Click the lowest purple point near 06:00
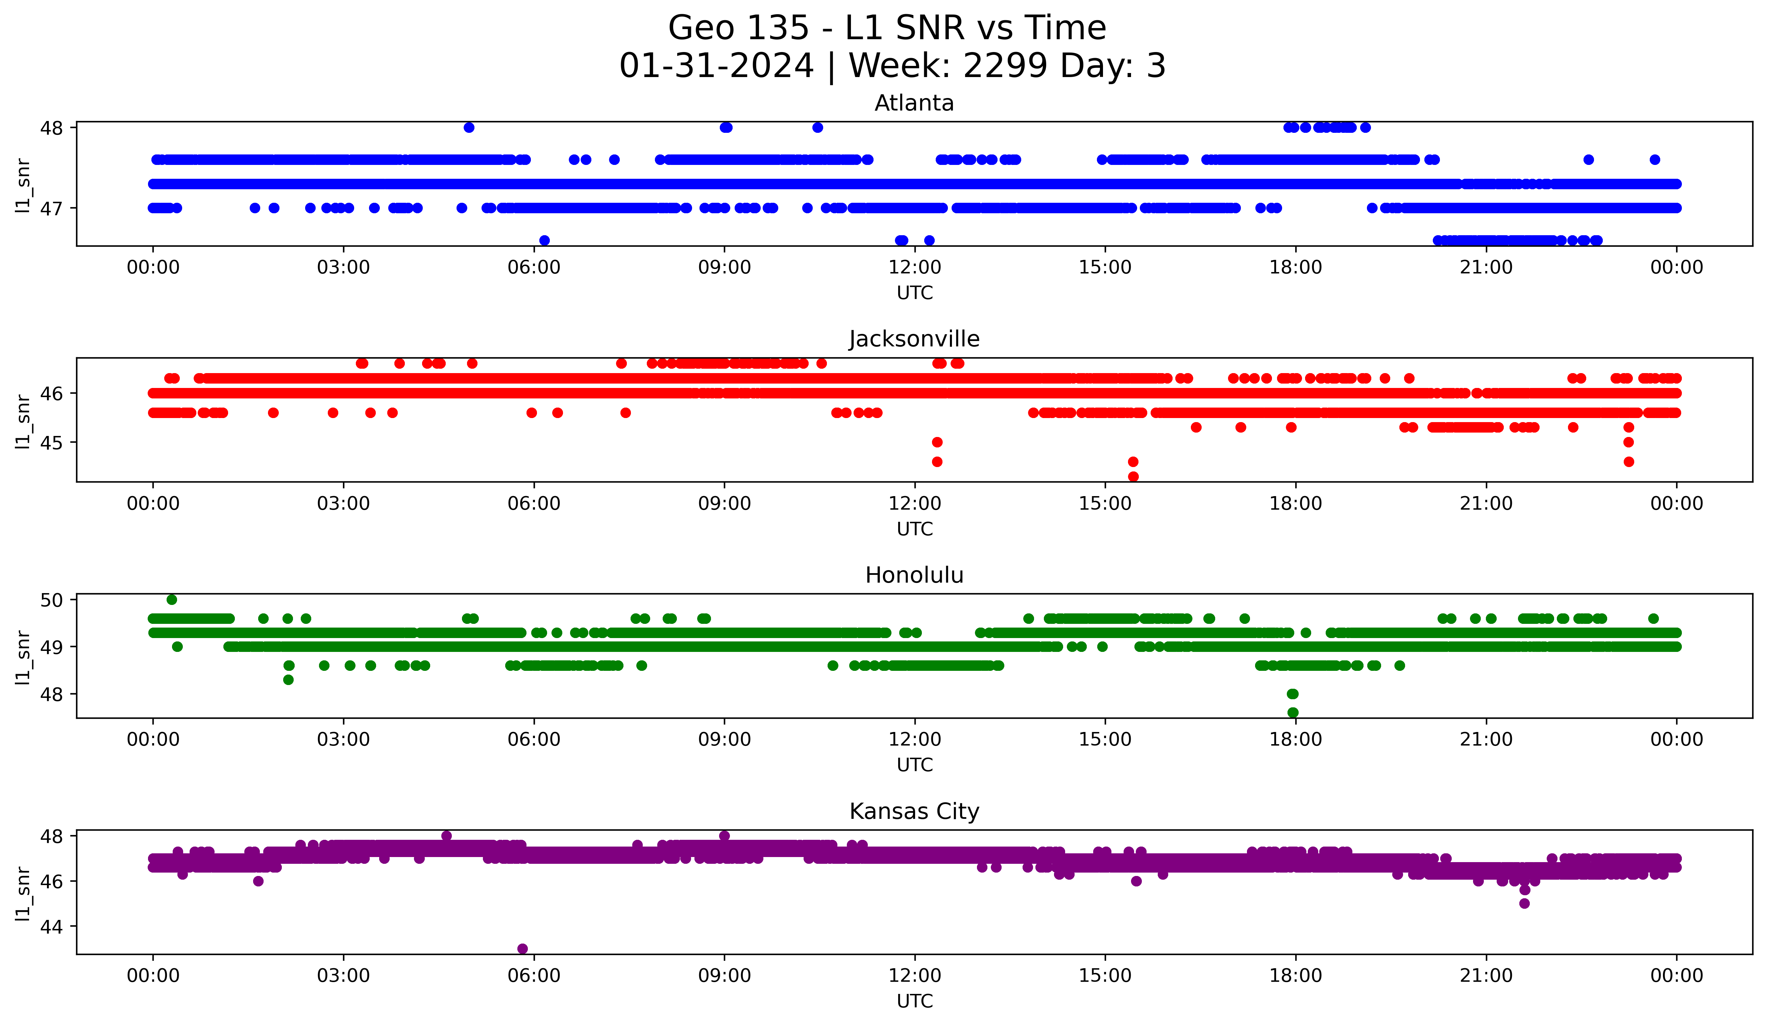(522, 949)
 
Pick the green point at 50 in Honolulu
(172, 600)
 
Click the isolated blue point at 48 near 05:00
(469, 127)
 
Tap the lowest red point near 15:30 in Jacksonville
(1133, 477)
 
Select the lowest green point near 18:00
(1293, 712)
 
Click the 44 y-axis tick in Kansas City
(53, 926)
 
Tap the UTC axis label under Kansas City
(914, 1001)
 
